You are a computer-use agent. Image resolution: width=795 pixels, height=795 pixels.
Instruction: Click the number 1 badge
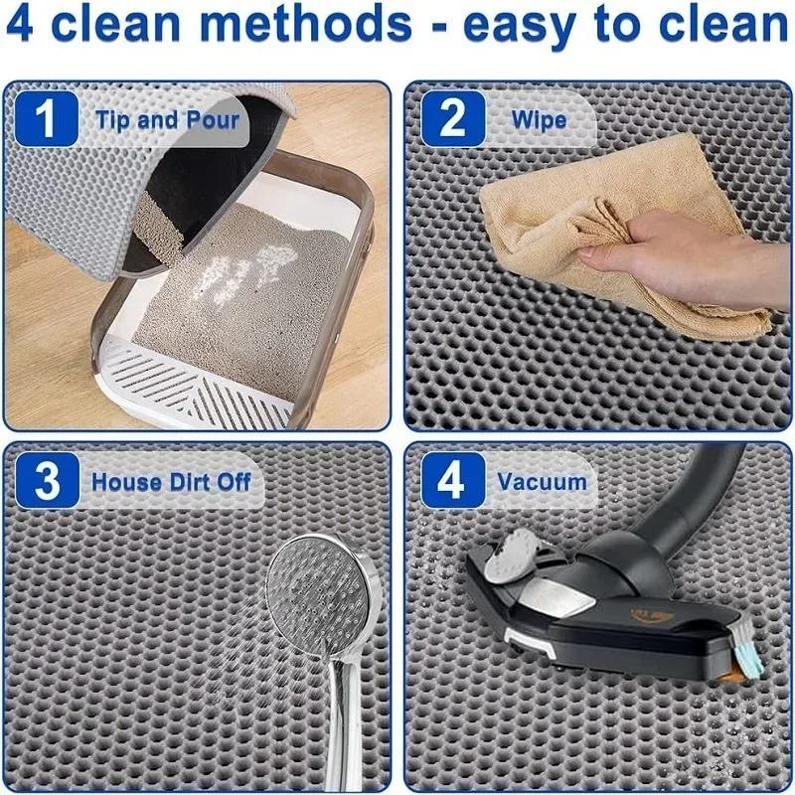click(45, 120)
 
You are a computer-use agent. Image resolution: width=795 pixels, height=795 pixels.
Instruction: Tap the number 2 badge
click(452, 120)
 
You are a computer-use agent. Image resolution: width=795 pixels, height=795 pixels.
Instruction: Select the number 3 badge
click(46, 482)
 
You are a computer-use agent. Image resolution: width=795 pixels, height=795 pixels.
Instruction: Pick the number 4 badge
click(452, 482)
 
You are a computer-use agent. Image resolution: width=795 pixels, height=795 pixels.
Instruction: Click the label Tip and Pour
click(167, 120)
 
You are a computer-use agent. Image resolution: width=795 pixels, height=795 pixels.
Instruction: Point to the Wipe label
click(539, 120)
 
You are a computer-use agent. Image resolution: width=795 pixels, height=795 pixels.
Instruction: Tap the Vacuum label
click(542, 482)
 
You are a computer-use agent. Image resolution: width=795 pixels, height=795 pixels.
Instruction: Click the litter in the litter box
click(238, 298)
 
